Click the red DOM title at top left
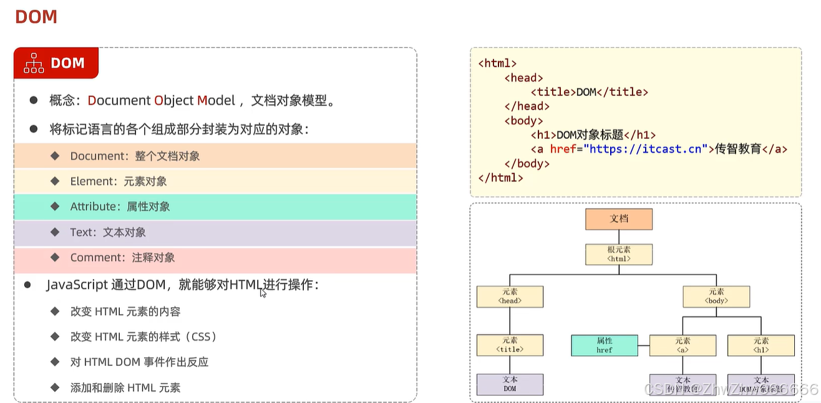[36, 17]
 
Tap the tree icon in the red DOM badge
[34, 63]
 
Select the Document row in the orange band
[135, 156]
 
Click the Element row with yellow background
[118, 181]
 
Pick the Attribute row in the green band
[120, 207]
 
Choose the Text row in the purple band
[108, 232]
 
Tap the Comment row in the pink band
[122, 257]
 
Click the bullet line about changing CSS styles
[144, 337]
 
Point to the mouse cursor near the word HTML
[263, 292]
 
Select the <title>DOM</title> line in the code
[590, 92]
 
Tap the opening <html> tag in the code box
[497, 63]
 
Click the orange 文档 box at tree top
[618, 219]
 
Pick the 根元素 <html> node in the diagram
[618, 254]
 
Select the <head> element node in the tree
[510, 296]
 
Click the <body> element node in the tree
[716, 296]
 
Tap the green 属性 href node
[604, 345]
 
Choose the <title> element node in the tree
[510, 345]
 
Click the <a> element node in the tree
[683, 345]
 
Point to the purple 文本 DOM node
[510, 384]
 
